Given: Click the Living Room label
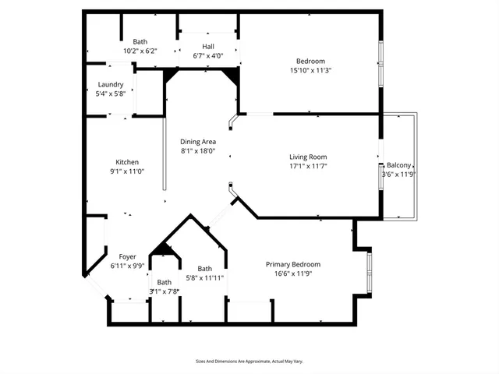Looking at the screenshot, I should (309, 156).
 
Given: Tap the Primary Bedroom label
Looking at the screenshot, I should (292, 264).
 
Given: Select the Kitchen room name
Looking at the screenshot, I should (127, 162).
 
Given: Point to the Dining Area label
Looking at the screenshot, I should (198, 141).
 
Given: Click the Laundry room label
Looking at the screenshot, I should (110, 84).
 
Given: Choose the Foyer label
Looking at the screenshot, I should (127, 256).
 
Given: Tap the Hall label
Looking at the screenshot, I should (207, 47).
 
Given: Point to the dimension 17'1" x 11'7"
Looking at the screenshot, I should (309, 165).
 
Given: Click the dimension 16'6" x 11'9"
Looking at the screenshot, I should (292, 273).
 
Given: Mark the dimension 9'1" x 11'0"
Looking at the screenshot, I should (127, 171).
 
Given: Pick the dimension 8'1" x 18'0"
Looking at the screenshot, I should (198, 150).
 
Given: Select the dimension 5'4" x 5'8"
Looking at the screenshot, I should (110, 93).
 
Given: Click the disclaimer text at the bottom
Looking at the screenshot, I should (249, 361).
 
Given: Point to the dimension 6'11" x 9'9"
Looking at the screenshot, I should (127, 266).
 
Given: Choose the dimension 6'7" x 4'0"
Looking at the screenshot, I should (207, 56).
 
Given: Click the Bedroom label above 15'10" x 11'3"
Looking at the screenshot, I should (310, 61).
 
